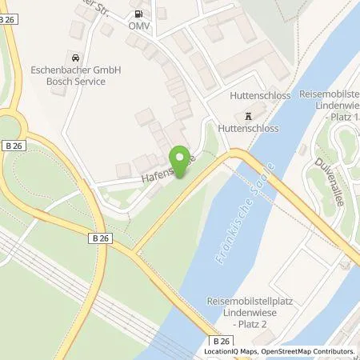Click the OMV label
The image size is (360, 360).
[x=141, y=26]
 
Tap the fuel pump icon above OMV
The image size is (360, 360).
[x=140, y=14]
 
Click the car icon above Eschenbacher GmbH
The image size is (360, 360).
[x=74, y=58]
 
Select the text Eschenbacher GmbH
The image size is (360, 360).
[x=75, y=70]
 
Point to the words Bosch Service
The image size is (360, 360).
[x=75, y=82]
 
